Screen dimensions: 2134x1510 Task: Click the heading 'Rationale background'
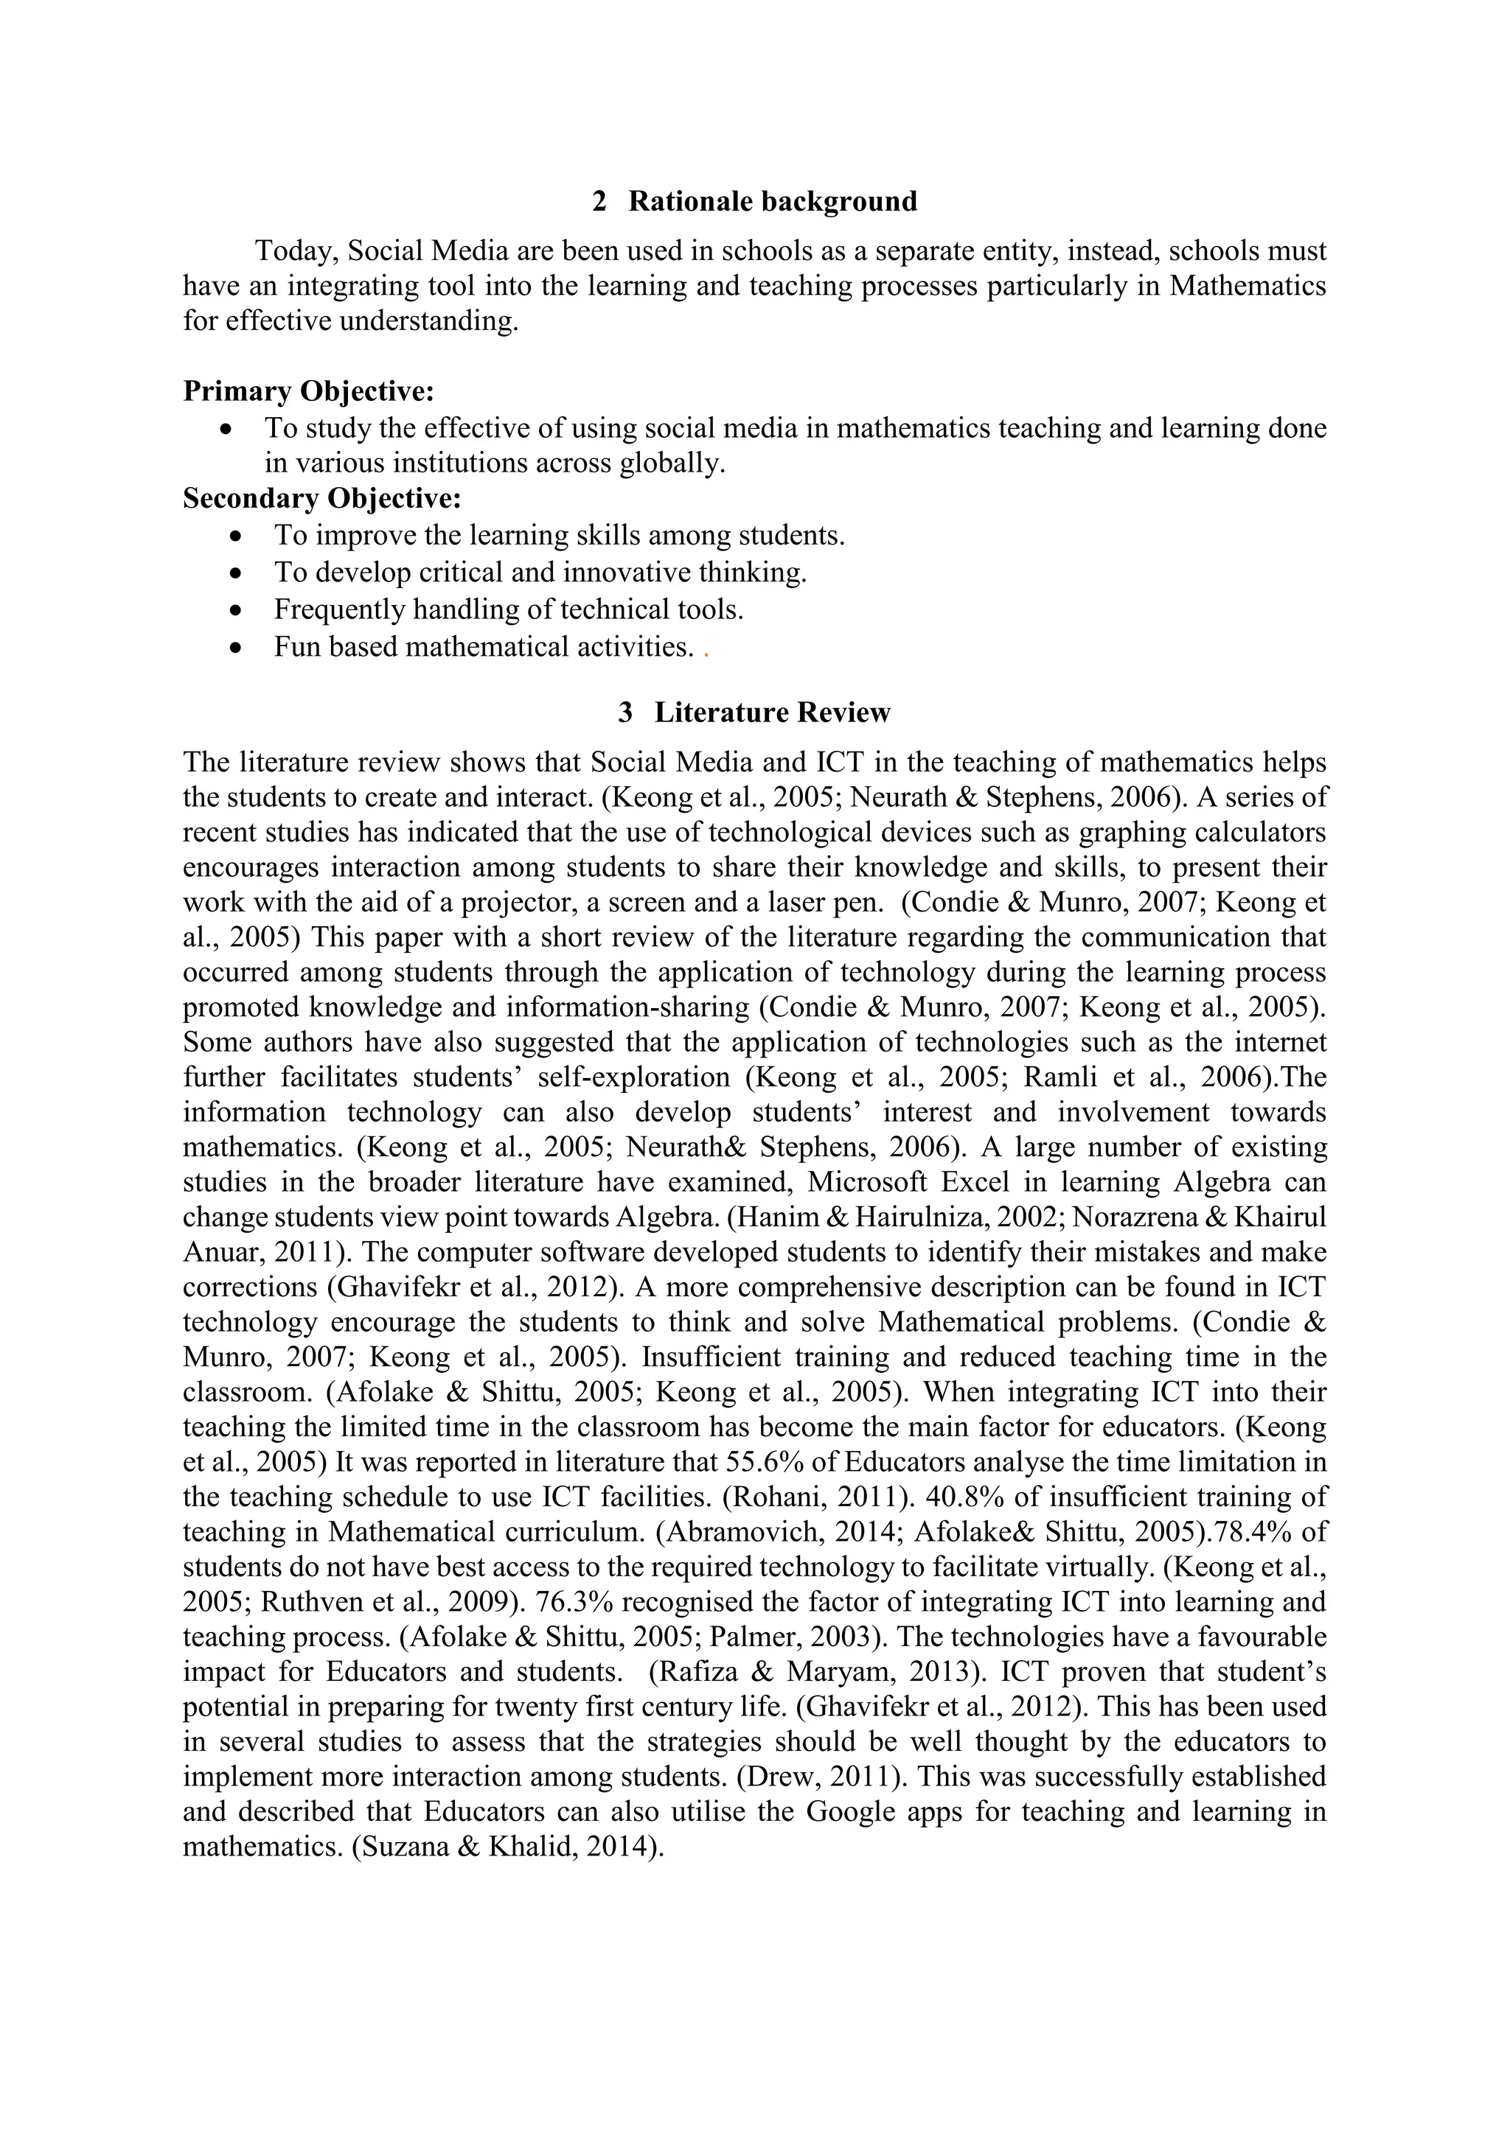pos(773,202)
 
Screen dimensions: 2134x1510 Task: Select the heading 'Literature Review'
pos(772,713)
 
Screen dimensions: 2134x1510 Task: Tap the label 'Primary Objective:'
pos(309,391)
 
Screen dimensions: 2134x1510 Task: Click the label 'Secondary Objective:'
pos(321,499)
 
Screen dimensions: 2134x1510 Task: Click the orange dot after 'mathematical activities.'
pos(706,654)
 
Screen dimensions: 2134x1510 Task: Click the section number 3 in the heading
pos(626,713)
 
